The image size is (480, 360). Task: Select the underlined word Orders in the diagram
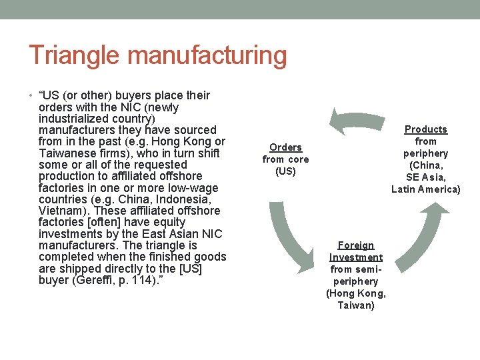point(285,147)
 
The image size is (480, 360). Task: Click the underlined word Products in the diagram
point(426,129)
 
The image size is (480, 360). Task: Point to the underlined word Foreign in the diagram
point(356,245)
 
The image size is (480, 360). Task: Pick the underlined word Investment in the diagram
point(356,257)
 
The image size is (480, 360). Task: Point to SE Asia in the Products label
point(426,177)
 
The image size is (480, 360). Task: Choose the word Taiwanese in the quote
point(68,153)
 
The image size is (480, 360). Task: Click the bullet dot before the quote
point(31,96)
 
